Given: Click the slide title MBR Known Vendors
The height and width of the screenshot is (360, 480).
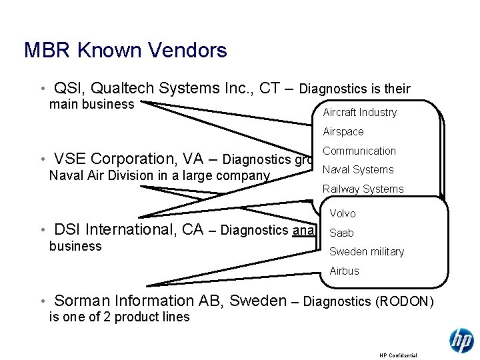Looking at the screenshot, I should click(x=125, y=50).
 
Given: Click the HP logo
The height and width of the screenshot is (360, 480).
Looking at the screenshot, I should click(x=461, y=341).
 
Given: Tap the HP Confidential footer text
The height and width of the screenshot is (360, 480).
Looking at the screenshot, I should click(x=398, y=355).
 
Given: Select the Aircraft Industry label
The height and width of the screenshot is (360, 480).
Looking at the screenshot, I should click(x=359, y=113).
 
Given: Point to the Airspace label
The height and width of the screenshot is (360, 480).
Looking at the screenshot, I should click(x=343, y=132).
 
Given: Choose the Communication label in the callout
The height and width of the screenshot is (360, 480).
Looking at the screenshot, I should click(x=359, y=151).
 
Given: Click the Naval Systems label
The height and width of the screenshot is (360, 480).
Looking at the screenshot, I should click(x=358, y=169).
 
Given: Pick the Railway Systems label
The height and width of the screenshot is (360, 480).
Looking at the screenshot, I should click(x=363, y=189).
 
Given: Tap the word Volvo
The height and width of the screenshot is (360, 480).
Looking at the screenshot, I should click(x=343, y=213).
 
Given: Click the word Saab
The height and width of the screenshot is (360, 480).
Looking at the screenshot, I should click(x=341, y=233).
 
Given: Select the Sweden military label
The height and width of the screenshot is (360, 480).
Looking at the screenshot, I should click(x=367, y=251).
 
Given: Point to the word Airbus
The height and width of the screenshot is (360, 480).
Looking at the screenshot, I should click(x=344, y=271).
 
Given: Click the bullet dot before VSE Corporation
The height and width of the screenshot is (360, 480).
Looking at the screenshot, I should click(x=42, y=160).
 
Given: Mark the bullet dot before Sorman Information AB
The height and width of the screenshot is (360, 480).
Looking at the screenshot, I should click(x=42, y=302).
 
